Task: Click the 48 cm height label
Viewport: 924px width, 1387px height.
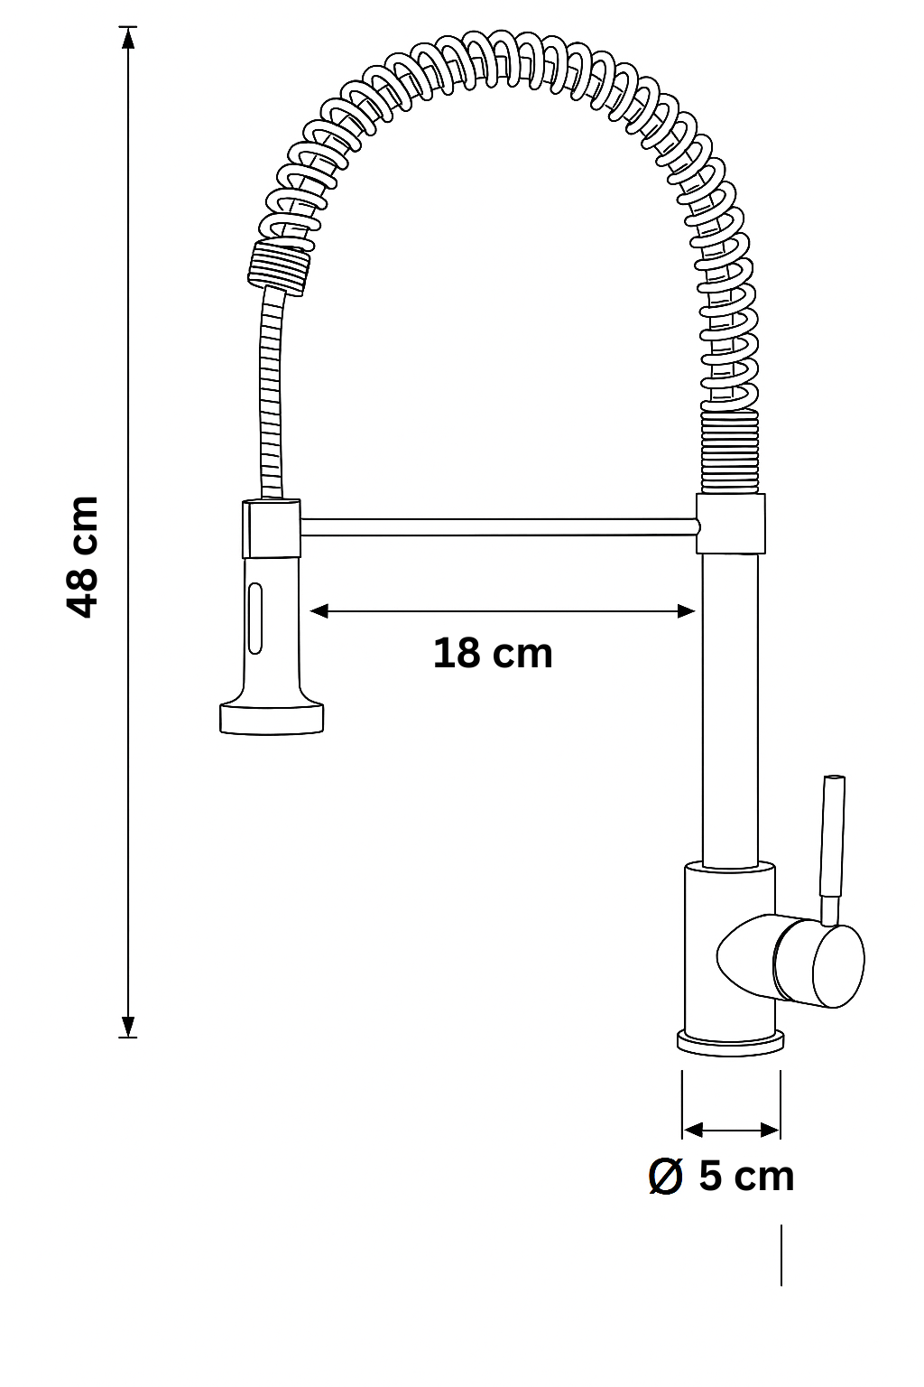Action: pos(82,555)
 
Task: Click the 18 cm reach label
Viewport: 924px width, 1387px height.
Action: pos(493,653)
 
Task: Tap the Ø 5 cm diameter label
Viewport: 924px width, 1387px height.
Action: pos(722,1176)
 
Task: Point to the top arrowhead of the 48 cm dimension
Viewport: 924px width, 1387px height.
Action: pos(128,38)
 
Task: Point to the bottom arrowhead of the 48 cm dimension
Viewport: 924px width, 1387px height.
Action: pos(128,1027)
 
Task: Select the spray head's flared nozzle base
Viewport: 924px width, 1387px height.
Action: pos(272,717)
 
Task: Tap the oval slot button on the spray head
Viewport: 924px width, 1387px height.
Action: pos(256,618)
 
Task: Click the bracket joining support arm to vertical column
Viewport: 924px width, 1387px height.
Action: pos(730,523)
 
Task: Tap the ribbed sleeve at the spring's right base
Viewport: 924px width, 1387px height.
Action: pos(729,451)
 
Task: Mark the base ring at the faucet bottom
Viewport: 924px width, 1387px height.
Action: pos(730,1043)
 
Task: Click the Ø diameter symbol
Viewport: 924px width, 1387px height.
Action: pos(666,1177)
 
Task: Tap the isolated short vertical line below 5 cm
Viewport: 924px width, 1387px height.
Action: pos(781,1254)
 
